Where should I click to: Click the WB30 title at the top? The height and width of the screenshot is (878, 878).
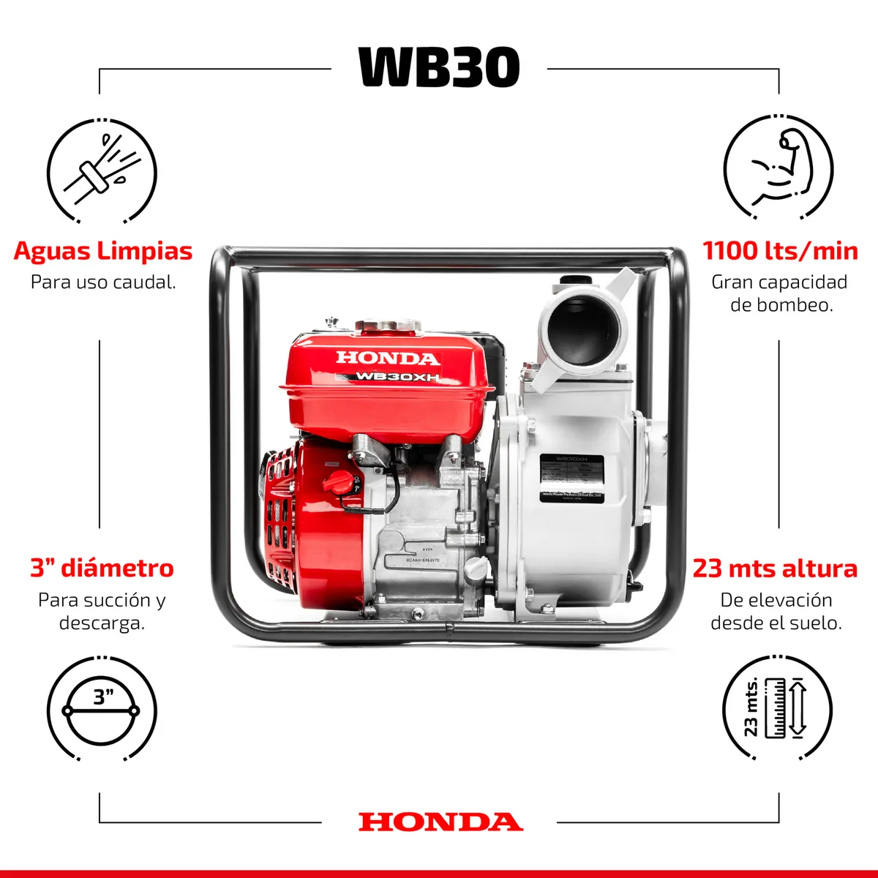coord(439,67)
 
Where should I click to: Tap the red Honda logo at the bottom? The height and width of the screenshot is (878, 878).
coord(440,822)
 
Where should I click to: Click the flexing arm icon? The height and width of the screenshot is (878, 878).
coord(778,170)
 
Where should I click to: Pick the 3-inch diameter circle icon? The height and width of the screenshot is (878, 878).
coord(102,710)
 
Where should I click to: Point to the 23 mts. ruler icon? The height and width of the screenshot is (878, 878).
coord(778,708)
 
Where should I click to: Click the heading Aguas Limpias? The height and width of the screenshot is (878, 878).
coord(102,251)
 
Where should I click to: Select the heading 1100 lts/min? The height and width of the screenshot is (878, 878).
coord(780,251)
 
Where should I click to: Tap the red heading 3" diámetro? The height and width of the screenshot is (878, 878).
coord(102,569)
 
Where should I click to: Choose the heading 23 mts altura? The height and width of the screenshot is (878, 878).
coord(775,569)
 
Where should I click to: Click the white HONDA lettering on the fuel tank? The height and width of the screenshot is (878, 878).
coord(388,358)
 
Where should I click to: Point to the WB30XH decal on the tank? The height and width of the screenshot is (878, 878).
coord(397,377)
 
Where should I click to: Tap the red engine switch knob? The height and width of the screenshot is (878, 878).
coord(339,482)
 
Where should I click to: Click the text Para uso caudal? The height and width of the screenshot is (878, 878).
coord(103,282)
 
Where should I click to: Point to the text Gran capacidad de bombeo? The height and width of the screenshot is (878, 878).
coord(780,293)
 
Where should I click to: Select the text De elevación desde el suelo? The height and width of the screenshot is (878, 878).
coord(776,612)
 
